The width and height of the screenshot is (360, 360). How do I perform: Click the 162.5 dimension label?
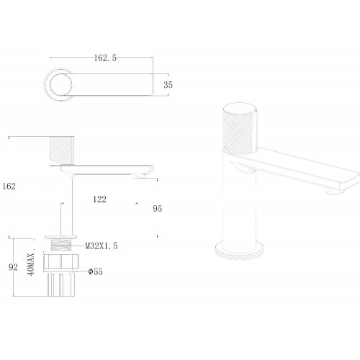click(105, 58)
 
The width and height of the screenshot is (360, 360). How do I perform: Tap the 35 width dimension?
click(168, 85)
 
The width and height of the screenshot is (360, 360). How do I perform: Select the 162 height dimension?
click(9, 186)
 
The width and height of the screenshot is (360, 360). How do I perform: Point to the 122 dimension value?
click(99, 199)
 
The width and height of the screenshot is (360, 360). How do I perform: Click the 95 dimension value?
click(158, 209)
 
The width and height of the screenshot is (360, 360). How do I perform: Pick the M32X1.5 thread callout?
click(102, 246)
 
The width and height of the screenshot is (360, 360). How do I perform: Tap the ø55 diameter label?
click(96, 271)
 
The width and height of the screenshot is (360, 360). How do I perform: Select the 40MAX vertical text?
click(31, 264)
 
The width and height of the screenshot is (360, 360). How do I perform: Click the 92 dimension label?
click(13, 267)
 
